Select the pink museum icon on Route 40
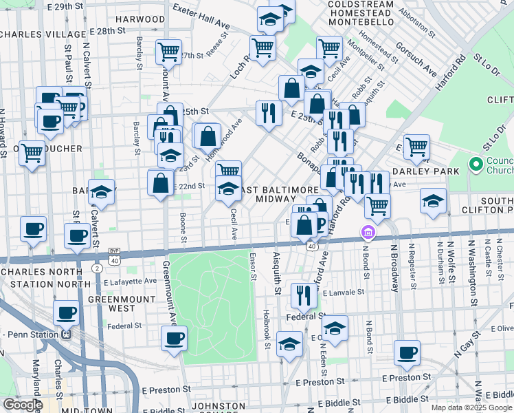(368, 233)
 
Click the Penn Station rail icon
(67, 335)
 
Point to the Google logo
(23, 405)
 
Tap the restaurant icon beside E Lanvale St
(303, 295)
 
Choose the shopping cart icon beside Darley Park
(416, 146)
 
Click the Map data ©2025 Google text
(471, 407)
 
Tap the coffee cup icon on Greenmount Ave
(174, 338)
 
